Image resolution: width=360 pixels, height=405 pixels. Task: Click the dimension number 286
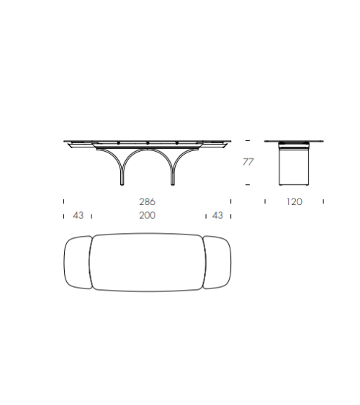(x=148, y=202)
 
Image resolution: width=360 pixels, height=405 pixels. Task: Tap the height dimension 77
(x=248, y=162)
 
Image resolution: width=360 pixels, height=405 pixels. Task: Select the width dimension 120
(x=294, y=202)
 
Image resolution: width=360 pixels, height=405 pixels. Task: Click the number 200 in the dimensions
(x=148, y=215)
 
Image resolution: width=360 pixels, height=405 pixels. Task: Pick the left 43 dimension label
(x=78, y=215)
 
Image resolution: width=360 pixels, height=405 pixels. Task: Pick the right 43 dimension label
(x=217, y=215)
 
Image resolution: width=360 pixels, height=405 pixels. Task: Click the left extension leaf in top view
(x=78, y=262)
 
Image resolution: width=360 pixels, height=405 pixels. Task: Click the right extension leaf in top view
(x=217, y=262)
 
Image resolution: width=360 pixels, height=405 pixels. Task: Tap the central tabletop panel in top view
(x=148, y=262)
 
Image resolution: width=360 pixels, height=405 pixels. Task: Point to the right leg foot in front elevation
(x=173, y=184)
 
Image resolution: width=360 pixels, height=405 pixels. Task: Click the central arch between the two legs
(x=148, y=155)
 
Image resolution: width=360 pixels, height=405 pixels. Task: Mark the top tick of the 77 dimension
(x=248, y=140)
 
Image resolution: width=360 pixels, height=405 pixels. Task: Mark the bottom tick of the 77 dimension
(x=248, y=186)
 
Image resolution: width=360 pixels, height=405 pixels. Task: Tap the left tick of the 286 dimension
(x=64, y=202)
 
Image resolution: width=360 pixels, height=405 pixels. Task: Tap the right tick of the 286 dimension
(x=230, y=202)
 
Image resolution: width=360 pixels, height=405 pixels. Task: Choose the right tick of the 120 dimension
(x=323, y=202)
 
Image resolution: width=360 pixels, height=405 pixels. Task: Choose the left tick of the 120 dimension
(x=264, y=202)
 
